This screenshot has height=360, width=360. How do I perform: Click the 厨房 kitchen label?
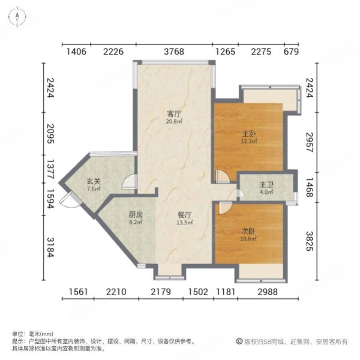coord(135,215)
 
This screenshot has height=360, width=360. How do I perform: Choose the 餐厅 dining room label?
coord(184,215)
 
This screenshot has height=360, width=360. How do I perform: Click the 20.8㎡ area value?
coord(174,121)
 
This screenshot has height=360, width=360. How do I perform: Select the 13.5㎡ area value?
coord(184,222)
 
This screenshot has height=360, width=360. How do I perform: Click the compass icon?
coord(19,16)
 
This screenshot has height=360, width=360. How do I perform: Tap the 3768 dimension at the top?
coord(174,52)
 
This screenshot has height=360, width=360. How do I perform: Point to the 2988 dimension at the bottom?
coord(269,292)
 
